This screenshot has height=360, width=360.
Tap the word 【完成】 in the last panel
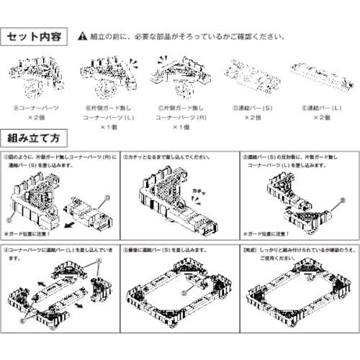pos(251,250)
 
